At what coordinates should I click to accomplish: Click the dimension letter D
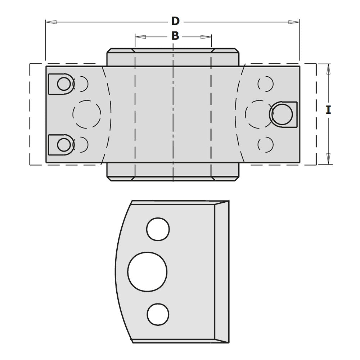[175, 21]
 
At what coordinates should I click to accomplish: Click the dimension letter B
[175, 36]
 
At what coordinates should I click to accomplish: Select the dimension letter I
[328, 110]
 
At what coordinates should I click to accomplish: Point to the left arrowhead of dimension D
[51, 22]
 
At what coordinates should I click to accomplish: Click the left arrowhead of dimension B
[140, 37]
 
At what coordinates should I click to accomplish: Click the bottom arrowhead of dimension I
[328, 159]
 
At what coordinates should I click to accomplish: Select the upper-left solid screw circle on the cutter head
[64, 84]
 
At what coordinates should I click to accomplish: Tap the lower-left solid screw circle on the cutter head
[64, 145]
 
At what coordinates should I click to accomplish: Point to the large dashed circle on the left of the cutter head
[87, 114]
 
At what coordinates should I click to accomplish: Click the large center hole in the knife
[147, 271]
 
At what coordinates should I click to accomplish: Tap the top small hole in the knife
[158, 229]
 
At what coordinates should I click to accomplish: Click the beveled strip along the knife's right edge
[221, 272]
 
